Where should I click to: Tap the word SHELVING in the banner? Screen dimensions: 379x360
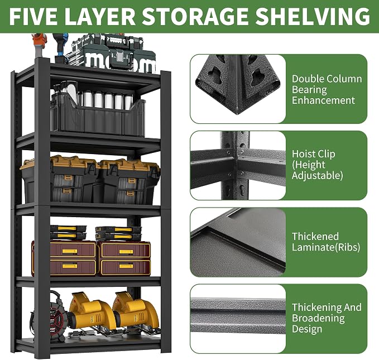pos(313,16)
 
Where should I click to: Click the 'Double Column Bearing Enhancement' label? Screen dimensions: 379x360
pos(327,89)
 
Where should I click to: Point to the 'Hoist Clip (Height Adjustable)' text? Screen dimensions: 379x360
pos(317,165)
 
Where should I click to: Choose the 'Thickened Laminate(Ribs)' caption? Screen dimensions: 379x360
pos(326,242)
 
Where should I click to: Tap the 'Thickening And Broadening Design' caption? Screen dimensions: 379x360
pos(327,318)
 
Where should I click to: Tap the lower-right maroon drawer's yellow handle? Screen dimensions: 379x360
pos(126,266)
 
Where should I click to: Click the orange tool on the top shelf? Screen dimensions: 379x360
pos(40,45)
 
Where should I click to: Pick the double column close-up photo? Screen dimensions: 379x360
pos(238,89)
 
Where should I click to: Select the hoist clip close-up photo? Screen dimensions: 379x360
pos(238,165)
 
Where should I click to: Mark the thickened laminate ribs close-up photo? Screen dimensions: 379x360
pos(238,242)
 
